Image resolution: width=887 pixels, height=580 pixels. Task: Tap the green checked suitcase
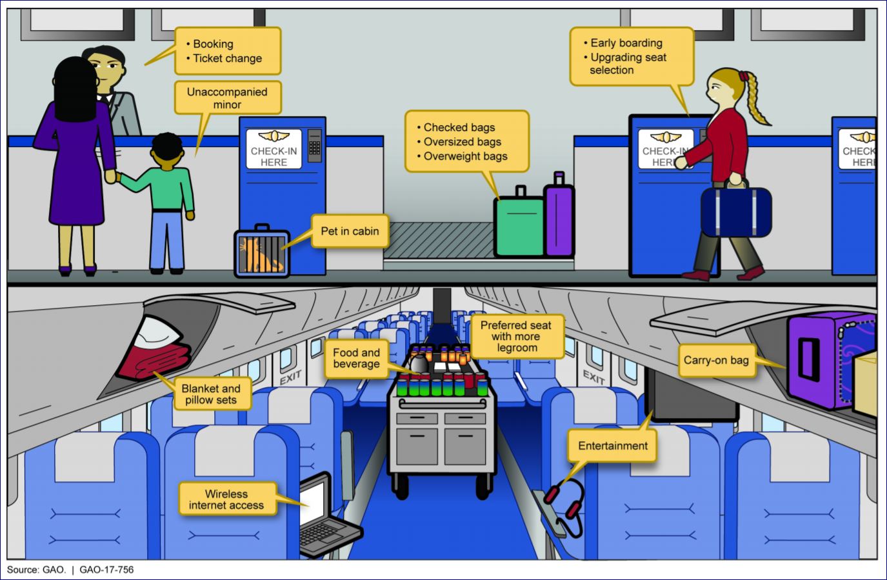click(519, 226)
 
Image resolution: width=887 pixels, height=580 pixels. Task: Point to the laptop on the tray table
click(323, 516)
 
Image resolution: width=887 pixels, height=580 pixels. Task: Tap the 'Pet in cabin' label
click(350, 231)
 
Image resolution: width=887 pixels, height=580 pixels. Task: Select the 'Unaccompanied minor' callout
click(227, 98)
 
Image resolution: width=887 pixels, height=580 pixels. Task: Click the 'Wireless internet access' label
click(226, 499)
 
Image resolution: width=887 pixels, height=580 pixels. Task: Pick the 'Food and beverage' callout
click(356, 358)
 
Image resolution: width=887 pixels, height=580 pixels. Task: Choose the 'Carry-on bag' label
click(716, 360)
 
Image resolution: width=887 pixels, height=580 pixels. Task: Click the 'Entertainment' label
click(612, 446)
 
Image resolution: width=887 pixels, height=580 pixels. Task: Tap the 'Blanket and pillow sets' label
click(211, 394)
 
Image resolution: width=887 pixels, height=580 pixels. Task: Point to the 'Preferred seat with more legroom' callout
click(516, 336)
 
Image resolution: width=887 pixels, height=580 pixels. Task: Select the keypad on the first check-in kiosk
click(314, 146)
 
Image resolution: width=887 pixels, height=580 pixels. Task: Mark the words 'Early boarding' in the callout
click(626, 43)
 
